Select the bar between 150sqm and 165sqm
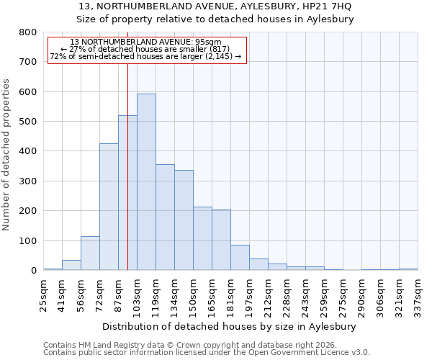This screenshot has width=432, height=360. pyautogui.click(x=202, y=238)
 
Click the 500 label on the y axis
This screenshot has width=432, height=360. pyautogui.click(x=27, y=122)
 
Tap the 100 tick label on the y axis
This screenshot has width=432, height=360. pyautogui.click(x=27, y=241)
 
